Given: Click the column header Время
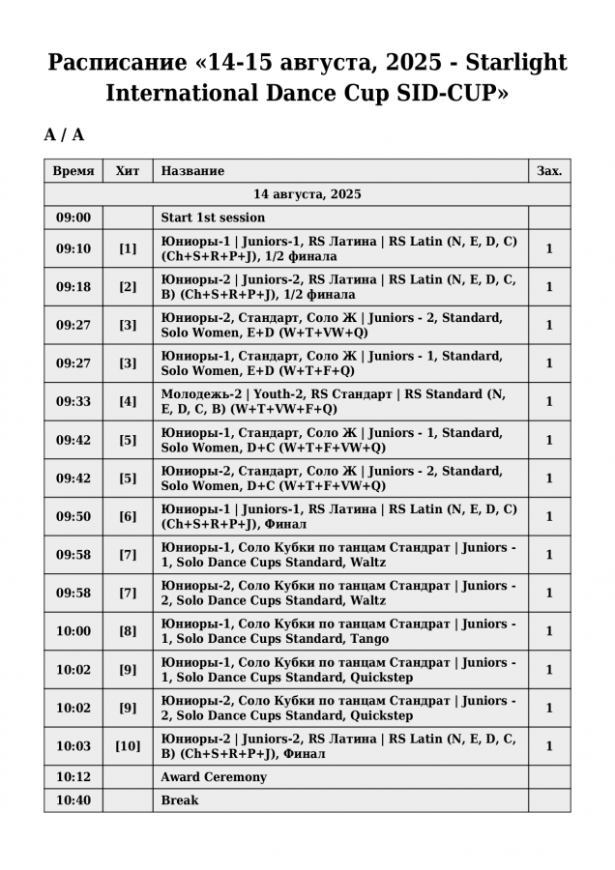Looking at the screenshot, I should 73,171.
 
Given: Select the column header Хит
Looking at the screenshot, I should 128,171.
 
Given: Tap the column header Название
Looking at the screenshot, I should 192,171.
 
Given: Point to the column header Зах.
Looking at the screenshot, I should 549,171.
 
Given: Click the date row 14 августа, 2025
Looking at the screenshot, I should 307,194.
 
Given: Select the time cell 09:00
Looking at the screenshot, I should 73,217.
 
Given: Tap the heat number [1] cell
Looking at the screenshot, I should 128,248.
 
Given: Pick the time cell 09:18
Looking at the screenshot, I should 73,287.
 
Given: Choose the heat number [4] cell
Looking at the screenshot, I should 128,401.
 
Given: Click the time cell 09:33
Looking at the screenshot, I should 73,401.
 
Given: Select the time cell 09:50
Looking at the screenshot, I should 73,516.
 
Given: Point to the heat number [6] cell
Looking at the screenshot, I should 128,516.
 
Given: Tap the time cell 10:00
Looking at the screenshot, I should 73,631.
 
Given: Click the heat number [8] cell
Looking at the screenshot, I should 128,631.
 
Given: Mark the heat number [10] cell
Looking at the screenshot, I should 128,746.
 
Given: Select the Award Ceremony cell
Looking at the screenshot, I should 214,777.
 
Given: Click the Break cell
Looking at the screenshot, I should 180,800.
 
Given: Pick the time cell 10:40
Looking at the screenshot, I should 73,800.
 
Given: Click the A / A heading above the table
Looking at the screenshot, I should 64,135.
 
